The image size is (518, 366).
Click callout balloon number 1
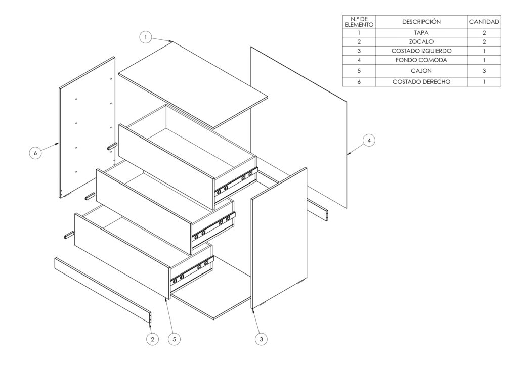click(145, 37)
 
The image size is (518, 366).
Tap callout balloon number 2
click(152, 339)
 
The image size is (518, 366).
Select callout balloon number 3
click(262, 339)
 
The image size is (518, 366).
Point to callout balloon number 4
click(369, 140)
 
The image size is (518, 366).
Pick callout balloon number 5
click(175, 339)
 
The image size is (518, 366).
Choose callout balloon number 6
click(35, 153)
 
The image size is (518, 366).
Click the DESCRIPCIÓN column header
click(421, 22)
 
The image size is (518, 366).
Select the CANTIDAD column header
click(484, 22)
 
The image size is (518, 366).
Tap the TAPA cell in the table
click(421, 33)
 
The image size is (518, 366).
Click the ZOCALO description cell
click(421, 42)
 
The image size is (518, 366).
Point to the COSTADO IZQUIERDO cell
click(421, 51)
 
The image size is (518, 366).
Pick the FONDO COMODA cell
click(421, 60)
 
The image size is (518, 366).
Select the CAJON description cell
click(421, 71)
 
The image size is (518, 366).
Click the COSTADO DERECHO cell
click(421, 82)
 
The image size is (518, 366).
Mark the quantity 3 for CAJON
click(484, 71)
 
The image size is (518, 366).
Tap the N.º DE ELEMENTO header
click(359, 22)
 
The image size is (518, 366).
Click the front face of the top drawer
click(166, 167)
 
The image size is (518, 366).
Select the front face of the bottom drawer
click(122, 256)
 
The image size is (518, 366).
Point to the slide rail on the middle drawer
click(213, 226)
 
